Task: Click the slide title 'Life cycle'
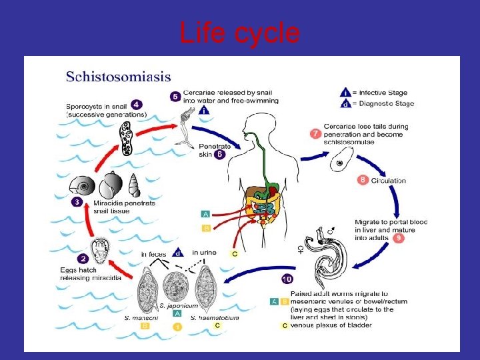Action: tap(239, 32)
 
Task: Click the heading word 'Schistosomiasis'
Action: tap(118, 77)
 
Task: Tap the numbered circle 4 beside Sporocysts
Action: tap(137, 105)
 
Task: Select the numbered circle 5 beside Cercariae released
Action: tap(175, 97)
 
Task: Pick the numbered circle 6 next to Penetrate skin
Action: tap(220, 154)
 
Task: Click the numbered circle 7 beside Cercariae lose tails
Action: tap(315, 133)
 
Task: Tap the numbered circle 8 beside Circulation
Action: tap(363, 179)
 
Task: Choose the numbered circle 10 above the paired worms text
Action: tap(287, 279)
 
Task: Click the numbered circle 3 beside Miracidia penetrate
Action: tap(78, 202)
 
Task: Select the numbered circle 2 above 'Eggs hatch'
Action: tap(83, 259)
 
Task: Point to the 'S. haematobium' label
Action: tap(215, 317)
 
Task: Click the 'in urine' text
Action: tap(204, 252)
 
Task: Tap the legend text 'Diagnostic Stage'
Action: tap(387, 103)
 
